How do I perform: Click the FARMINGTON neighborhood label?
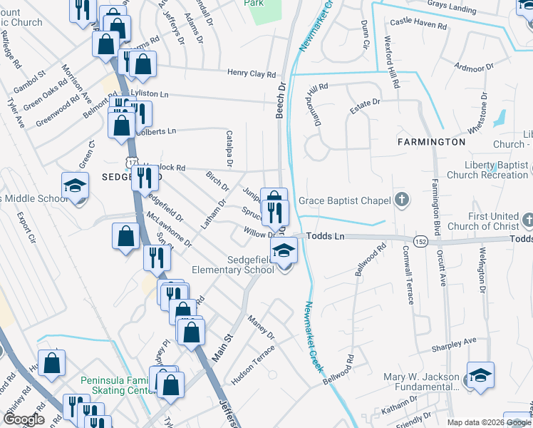click(431, 142)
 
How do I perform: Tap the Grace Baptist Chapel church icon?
click(402, 200)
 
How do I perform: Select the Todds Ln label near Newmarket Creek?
click(326, 235)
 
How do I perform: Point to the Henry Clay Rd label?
click(252, 73)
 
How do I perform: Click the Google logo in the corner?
click(24, 419)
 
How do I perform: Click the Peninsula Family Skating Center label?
click(118, 385)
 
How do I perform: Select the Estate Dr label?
click(364, 105)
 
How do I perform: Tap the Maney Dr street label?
click(261, 326)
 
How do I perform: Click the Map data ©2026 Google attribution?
click(488, 423)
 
